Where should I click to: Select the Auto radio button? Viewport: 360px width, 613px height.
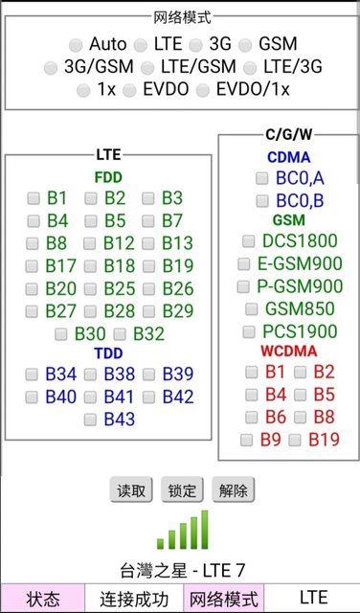pyautogui.click(x=76, y=45)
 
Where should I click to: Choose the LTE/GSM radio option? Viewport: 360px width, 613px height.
pyautogui.click(x=147, y=68)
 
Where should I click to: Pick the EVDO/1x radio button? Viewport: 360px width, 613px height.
pyautogui.click(x=202, y=91)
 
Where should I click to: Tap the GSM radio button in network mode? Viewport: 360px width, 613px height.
pyautogui.click(x=245, y=45)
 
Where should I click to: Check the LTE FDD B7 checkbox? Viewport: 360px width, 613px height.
pyautogui.click(x=148, y=221)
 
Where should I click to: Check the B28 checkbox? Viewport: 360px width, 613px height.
pyautogui.click(x=90, y=311)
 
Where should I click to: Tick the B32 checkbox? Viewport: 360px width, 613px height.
pyautogui.click(x=120, y=334)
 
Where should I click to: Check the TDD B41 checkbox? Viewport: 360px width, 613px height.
pyautogui.click(x=90, y=397)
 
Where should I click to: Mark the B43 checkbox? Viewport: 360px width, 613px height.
pyautogui.click(x=90, y=420)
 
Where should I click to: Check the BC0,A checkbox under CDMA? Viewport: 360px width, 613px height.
pyautogui.click(x=262, y=179)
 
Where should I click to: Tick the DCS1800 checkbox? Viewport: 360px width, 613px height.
pyautogui.click(x=249, y=241)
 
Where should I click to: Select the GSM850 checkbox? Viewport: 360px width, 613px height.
pyautogui.click(x=252, y=309)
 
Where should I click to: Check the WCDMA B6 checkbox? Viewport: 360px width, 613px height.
pyautogui.click(x=252, y=418)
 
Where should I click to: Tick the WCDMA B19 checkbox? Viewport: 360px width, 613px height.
pyautogui.click(x=295, y=441)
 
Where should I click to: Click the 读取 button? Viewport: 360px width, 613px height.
pyautogui.click(x=131, y=489)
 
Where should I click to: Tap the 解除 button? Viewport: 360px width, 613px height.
pyautogui.click(x=234, y=489)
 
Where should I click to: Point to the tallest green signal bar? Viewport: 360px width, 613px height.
pyautogui.click(x=205, y=530)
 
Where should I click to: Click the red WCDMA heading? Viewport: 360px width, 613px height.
pyautogui.click(x=289, y=352)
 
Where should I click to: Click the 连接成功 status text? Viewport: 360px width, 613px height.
pyautogui.click(x=134, y=600)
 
